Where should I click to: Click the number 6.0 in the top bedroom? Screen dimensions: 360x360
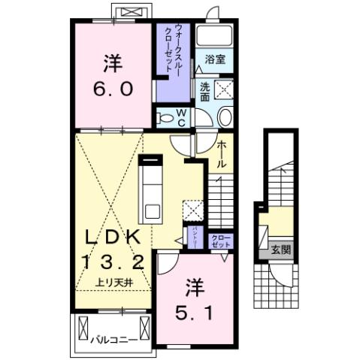[x=113, y=89]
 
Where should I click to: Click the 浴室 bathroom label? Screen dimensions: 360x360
[x=216, y=58]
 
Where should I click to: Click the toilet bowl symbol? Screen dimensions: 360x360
[x=224, y=116]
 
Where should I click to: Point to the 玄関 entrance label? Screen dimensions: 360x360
[x=280, y=250]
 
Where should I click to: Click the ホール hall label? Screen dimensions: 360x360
[x=222, y=156]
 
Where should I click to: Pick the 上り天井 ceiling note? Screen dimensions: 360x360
[x=113, y=282]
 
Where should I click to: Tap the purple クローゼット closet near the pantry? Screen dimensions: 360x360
[x=221, y=241]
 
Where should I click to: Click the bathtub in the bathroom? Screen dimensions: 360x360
[x=216, y=38]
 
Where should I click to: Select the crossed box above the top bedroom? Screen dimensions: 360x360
[x=131, y=14]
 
